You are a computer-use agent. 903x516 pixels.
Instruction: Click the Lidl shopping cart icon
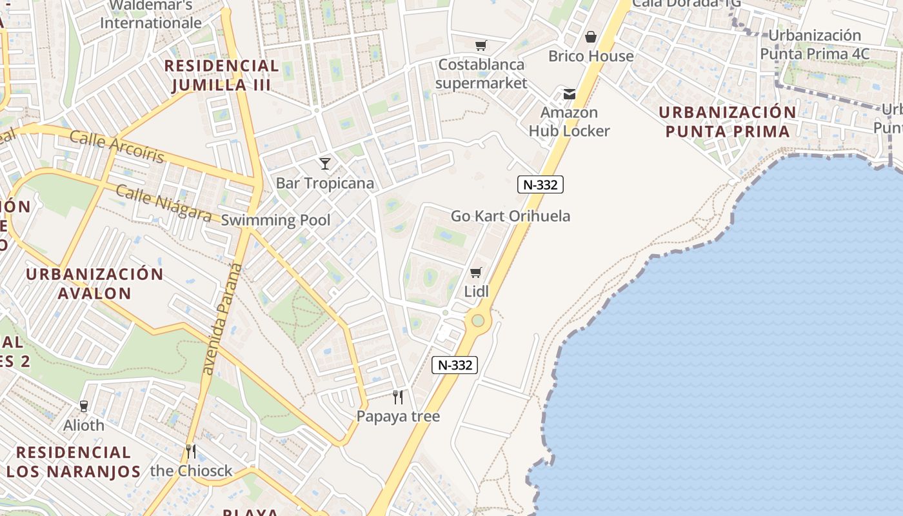pos(476,272)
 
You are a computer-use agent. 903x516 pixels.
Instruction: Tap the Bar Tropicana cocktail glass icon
pos(325,164)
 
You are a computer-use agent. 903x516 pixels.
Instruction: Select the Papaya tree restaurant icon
pos(398,397)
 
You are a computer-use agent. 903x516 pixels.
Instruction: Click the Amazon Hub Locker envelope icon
pos(570,94)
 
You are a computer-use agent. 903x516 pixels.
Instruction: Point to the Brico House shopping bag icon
pos(590,37)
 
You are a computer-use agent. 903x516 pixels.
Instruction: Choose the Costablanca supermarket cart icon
pos(481,45)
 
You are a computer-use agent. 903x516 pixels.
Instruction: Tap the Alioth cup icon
pos(83,406)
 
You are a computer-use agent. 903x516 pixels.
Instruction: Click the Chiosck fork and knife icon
pos(190,450)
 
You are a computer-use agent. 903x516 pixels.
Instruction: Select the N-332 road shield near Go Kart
pos(541,184)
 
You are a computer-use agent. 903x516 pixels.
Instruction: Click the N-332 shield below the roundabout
pos(455,364)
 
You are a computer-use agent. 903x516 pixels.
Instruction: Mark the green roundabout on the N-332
pos(477,320)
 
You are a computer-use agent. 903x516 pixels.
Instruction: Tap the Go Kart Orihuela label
pos(510,216)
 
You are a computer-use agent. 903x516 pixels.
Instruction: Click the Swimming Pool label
pos(275,220)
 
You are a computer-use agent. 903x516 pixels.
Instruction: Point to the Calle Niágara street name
pos(164,203)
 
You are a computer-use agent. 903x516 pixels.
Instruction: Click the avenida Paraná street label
pos(220,319)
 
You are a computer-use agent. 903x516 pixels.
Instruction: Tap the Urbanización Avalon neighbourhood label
pos(94,283)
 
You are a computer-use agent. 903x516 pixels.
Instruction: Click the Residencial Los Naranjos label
pos(73,461)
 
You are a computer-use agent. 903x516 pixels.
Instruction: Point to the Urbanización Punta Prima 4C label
pos(815,45)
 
